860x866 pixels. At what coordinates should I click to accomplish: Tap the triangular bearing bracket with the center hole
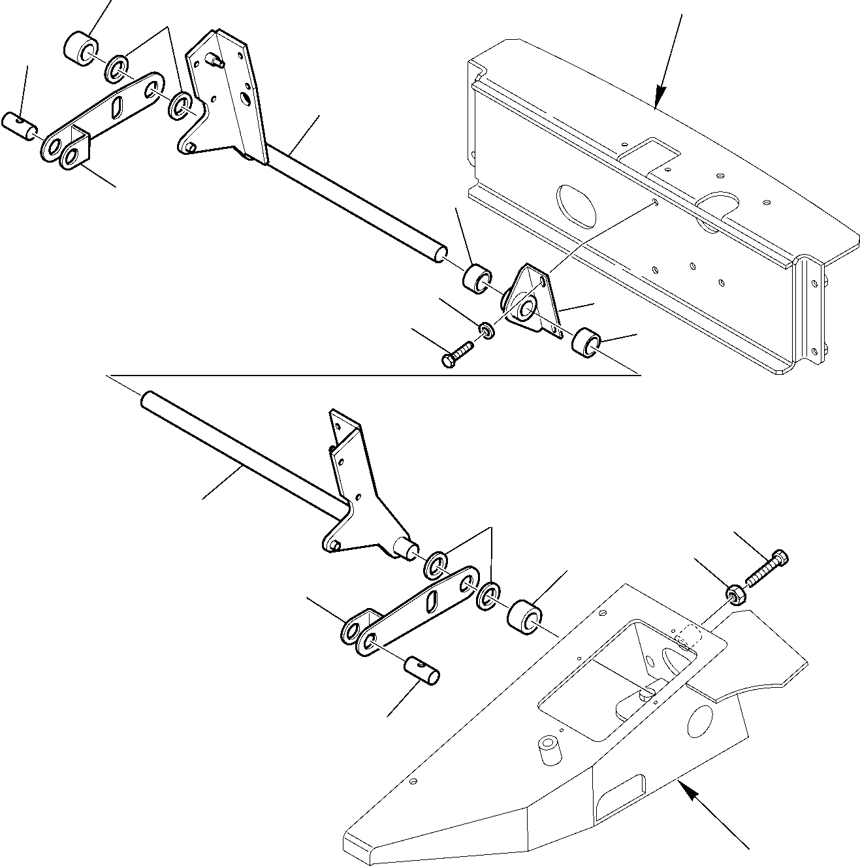pos(532,301)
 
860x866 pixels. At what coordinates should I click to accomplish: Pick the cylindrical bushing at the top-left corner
pos(81,47)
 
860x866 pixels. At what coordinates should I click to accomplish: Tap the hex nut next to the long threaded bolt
pos(735,594)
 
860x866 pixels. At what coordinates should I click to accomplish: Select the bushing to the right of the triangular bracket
pos(586,343)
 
